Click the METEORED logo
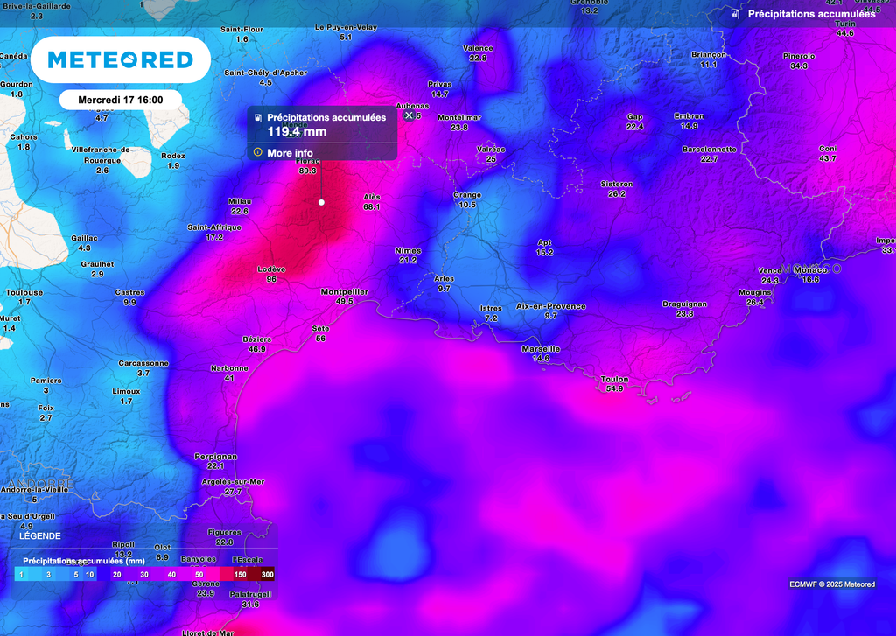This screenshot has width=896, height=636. point(120,59)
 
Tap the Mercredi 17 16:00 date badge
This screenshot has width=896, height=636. point(121,100)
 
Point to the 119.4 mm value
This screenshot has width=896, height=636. point(297,132)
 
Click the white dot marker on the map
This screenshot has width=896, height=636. point(321,202)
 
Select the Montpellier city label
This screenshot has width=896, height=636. point(345,291)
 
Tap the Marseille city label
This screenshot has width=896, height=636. point(540,348)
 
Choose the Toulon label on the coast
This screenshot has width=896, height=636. point(615,379)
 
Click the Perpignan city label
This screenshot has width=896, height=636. point(215,456)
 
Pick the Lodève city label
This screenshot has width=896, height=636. point(271,269)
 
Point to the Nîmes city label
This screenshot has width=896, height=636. point(408,250)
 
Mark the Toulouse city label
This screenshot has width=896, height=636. point(24,292)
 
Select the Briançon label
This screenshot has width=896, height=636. point(709,54)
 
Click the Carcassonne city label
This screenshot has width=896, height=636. point(143,363)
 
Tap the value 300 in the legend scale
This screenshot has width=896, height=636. point(267,574)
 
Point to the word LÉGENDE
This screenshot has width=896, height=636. point(40,535)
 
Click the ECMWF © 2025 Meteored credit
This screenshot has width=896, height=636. point(831,584)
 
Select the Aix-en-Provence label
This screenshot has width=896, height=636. point(550,306)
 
